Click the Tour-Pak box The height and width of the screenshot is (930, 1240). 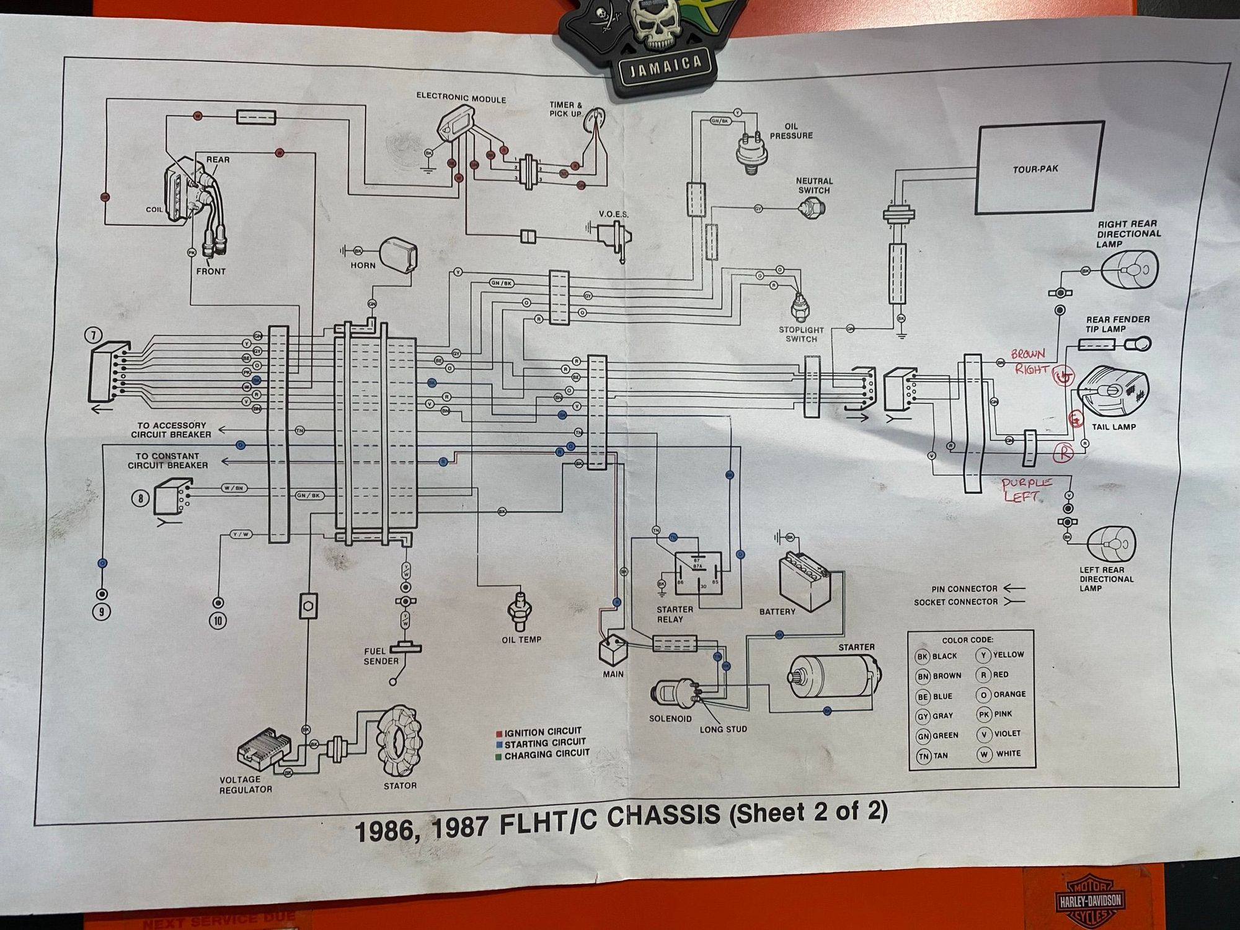pos(1040,168)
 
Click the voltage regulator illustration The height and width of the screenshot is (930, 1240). pos(260,753)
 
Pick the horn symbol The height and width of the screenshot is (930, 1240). pos(400,254)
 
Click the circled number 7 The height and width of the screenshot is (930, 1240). pos(93,335)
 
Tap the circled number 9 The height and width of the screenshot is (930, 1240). pos(101,611)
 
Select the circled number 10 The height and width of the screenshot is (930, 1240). pos(218,619)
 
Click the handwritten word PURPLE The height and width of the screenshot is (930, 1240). pos(1027,484)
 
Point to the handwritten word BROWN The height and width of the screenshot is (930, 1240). pos(1027,355)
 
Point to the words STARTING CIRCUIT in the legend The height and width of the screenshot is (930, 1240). pos(544,743)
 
